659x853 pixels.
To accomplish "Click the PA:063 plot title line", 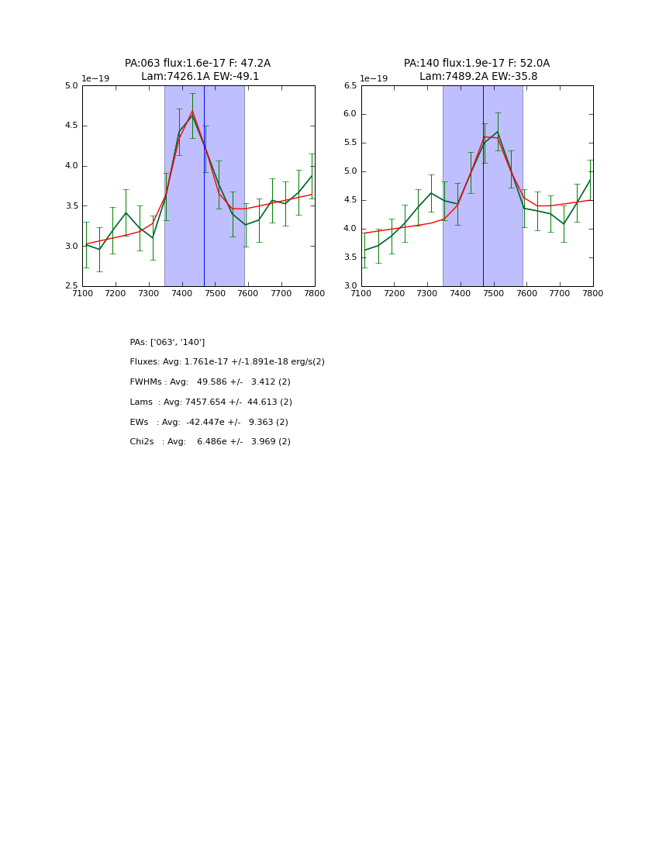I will (x=198, y=64).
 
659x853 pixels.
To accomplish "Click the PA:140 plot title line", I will (x=476, y=64).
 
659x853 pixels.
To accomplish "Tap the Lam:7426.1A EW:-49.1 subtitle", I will (x=200, y=77).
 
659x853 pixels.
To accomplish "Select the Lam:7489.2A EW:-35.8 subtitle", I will (x=478, y=77).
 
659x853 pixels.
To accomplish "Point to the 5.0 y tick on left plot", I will (x=71, y=86).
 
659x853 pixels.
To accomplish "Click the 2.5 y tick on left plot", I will (x=71, y=286).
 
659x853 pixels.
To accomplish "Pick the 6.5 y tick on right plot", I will (x=350, y=86).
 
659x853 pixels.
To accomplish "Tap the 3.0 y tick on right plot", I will (x=350, y=286).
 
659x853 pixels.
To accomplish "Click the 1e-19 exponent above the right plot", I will (x=374, y=79).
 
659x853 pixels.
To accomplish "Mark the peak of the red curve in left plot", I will (x=192, y=111).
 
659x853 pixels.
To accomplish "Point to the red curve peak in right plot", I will (x=485, y=136).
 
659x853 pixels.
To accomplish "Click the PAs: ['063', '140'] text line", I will (x=167, y=343).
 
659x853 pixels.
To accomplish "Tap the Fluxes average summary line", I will (x=227, y=362).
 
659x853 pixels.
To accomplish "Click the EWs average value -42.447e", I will (x=205, y=423).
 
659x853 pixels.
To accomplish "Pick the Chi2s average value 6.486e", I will (x=208, y=442).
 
